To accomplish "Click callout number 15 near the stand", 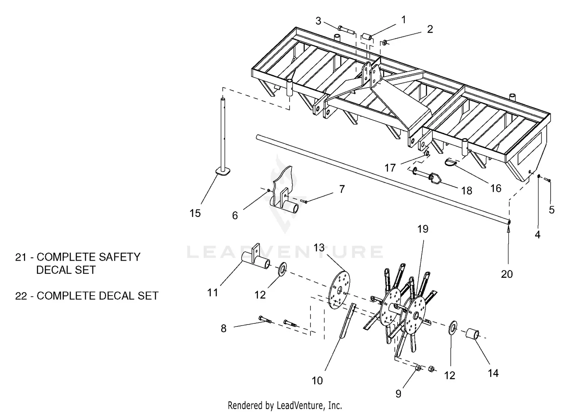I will [195, 213].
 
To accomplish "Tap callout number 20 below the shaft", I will [507, 274].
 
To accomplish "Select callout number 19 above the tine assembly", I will [423, 229].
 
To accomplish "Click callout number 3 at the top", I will [318, 21].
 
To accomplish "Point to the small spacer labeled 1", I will [367, 37].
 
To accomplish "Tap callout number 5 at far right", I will [552, 210].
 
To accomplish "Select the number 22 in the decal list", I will [21, 296].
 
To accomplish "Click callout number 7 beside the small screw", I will [342, 189].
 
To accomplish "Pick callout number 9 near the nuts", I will [398, 393].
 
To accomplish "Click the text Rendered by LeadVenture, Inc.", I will [285, 405].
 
